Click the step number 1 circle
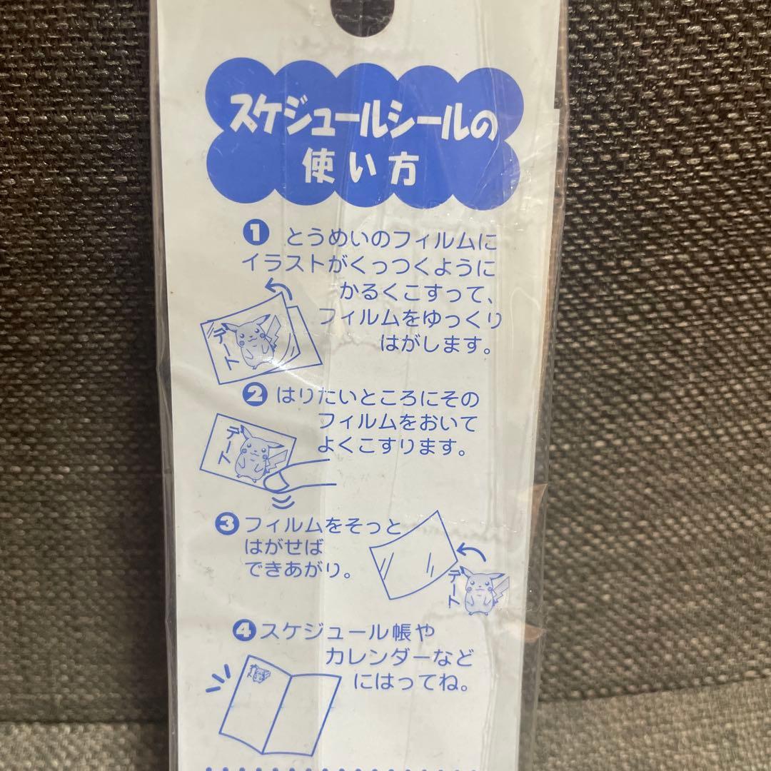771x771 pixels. click(256, 233)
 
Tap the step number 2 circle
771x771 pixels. click(255, 395)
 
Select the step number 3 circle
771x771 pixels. click(227, 523)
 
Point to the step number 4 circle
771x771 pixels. click(244, 631)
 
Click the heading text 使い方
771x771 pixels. click(360, 168)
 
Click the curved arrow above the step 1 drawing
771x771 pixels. click(278, 288)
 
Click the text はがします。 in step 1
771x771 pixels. click(435, 345)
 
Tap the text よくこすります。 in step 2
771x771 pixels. click(391, 447)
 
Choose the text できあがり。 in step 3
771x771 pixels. click(299, 570)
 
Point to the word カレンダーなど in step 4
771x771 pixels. click(398, 657)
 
